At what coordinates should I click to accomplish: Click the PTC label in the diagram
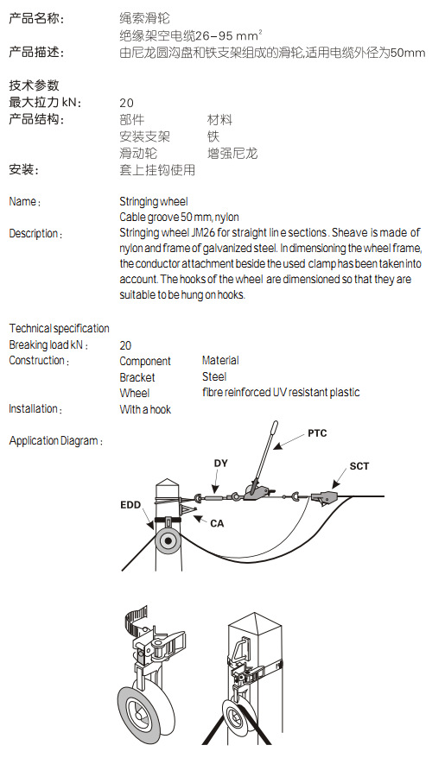317,433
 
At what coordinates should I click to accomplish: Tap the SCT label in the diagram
359,466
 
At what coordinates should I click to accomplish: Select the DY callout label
221,463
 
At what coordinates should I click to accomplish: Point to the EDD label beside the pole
130,505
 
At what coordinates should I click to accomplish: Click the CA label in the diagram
217,524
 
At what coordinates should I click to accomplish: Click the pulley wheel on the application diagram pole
168,540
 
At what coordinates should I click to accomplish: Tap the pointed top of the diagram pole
168,481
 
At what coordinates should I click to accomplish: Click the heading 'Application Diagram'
55,441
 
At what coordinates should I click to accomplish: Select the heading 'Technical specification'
59,328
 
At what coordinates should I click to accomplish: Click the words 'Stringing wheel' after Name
154,202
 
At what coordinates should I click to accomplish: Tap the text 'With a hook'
145,409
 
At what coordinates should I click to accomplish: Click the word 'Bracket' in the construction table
137,377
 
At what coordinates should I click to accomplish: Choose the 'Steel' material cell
214,376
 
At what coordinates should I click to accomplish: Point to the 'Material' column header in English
220,361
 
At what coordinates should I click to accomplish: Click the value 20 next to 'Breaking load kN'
125,345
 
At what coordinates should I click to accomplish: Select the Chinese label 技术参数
34,85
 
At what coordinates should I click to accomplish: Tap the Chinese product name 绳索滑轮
145,18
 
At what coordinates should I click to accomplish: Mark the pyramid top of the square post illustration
255,622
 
